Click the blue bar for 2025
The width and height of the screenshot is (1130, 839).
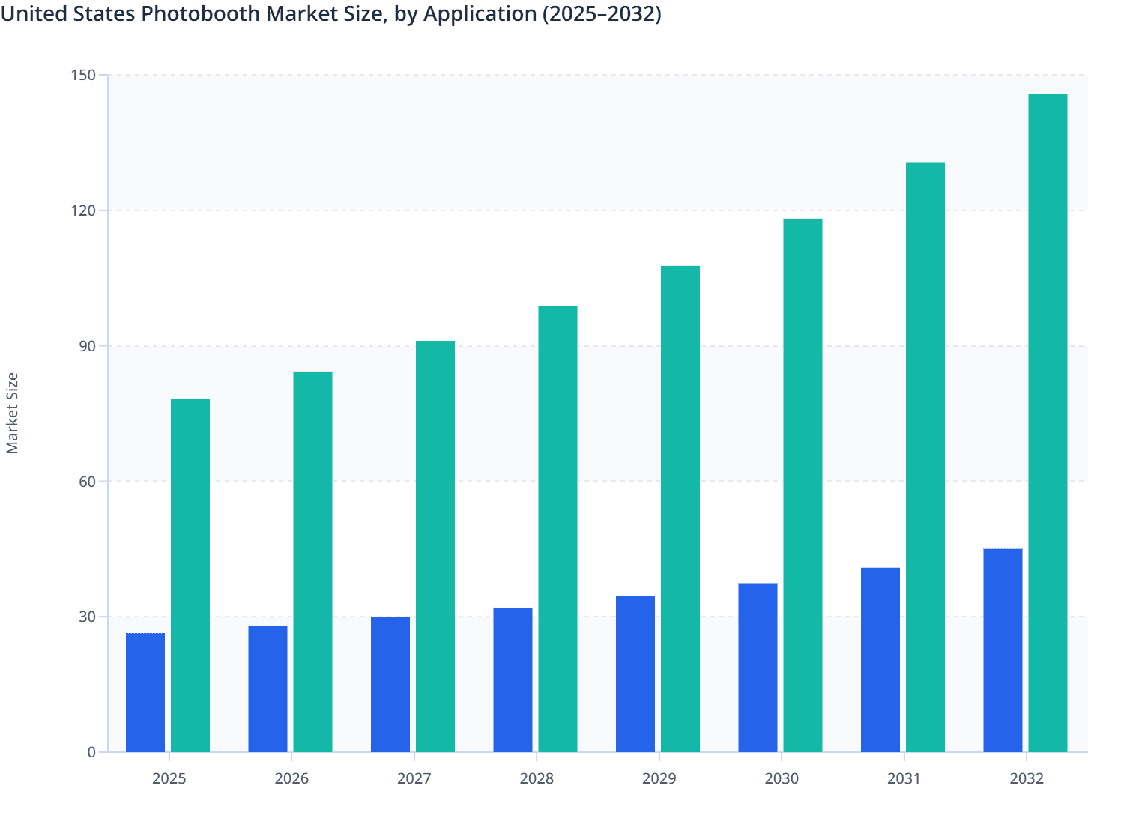[145, 692]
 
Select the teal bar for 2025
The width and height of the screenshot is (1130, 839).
[190, 575]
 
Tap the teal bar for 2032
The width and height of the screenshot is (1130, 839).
[1048, 422]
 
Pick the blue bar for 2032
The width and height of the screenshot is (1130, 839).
[1003, 650]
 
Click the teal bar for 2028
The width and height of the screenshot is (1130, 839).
[558, 528]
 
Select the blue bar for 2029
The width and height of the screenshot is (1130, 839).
[635, 673]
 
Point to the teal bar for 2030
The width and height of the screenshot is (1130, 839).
[803, 485]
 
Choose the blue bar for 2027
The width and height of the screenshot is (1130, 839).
[390, 684]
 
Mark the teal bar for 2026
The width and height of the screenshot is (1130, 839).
[312, 561]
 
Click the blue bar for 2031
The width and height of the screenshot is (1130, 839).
[880, 659]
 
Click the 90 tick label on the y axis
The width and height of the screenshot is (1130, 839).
[88, 346]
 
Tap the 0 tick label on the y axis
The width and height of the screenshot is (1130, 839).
[91, 752]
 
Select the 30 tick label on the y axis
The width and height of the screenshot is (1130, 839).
[88, 617]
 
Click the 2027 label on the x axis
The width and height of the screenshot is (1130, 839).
[414, 778]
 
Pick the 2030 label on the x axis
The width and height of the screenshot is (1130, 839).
[782, 778]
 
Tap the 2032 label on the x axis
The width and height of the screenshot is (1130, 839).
[1027, 778]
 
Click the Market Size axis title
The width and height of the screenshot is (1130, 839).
[13, 413]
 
